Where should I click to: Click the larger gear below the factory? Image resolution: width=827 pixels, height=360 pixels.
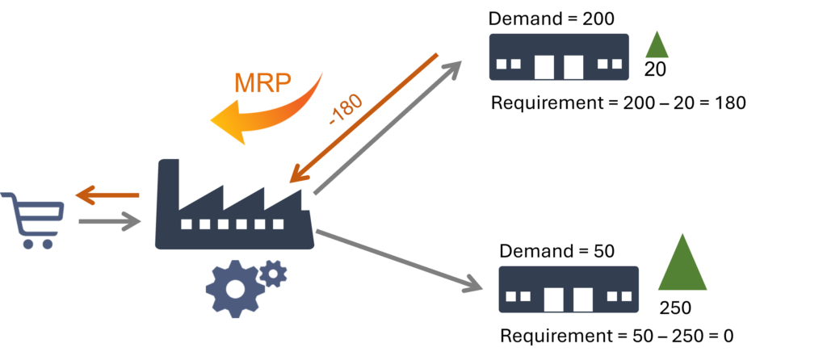pos(235,288)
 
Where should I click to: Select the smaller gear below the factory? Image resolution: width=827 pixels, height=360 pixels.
pos(273,274)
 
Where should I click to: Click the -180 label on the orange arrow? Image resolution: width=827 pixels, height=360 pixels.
pos(346,110)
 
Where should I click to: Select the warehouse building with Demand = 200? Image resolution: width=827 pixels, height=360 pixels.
pos(559,57)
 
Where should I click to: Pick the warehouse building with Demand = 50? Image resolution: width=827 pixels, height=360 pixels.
pos(569,289)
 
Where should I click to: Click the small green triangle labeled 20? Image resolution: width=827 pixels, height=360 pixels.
pos(657,46)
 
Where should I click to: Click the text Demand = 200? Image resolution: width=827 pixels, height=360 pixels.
pos(551,19)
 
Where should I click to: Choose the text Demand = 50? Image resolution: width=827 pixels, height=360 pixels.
pos(557,251)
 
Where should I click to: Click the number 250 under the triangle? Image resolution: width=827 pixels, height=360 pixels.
pos(675,308)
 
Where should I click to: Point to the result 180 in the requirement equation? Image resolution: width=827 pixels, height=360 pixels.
pos(730,103)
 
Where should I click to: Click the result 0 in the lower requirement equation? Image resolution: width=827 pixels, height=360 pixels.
pos(728,336)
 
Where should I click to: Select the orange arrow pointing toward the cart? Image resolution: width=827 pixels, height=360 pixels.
pos(107,195)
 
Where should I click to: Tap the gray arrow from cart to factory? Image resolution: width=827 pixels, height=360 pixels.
pos(110,221)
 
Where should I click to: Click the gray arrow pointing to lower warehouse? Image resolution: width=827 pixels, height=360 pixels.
pos(399,261)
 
